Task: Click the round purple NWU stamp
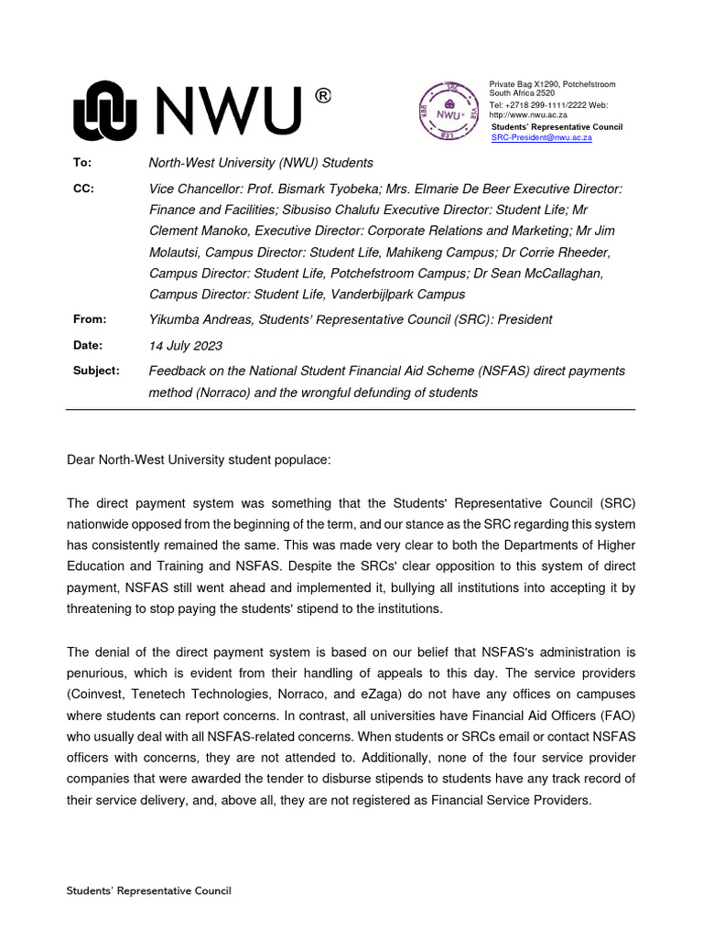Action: tap(449, 113)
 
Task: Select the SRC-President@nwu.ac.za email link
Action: tap(541, 137)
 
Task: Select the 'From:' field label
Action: tap(89, 319)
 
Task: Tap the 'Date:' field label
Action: tap(88, 345)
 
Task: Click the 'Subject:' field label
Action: tap(96, 371)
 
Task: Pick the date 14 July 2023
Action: tap(185, 346)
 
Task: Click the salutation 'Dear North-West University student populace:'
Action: tap(199, 461)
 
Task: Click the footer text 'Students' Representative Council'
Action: tap(149, 890)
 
